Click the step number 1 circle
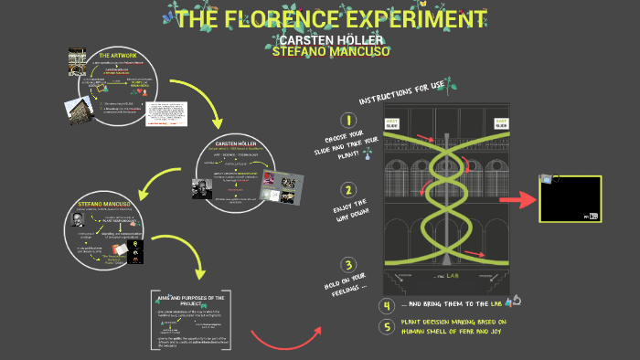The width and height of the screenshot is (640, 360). pyautogui.click(x=348, y=121)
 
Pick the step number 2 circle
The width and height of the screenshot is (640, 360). pyautogui.click(x=348, y=191)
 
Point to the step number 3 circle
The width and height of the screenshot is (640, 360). pyautogui.click(x=348, y=266)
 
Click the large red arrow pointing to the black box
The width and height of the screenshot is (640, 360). pyautogui.click(x=520, y=199)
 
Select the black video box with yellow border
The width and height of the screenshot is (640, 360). pyautogui.click(x=570, y=199)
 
